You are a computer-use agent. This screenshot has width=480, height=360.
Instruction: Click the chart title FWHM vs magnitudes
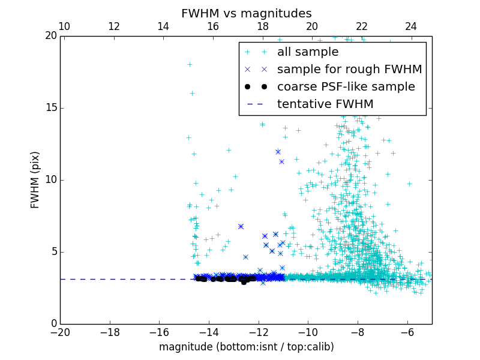[x=246, y=13]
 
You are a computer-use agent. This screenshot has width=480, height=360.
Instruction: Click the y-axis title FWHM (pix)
[x=35, y=180]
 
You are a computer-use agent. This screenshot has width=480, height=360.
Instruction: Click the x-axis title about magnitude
[x=246, y=347]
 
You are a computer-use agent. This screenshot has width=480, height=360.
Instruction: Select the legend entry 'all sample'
[x=307, y=52]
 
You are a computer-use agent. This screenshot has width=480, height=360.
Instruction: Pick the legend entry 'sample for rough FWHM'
[x=349, y=70]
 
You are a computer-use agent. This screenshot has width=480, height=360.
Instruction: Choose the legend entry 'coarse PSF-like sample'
[x=346, y=87]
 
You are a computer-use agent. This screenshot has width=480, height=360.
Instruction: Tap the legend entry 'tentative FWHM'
[x=325, y=104]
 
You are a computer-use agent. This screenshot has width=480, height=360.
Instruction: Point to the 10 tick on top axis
[x=64, y=26]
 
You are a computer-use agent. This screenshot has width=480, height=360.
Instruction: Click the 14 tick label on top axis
[x=163, y=26]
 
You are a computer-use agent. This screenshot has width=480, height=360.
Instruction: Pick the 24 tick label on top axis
[x=411, y=26]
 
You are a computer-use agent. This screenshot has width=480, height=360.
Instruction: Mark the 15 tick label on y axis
[x=49, y=108]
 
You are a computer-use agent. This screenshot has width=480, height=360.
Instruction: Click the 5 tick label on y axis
[x=52, y=252]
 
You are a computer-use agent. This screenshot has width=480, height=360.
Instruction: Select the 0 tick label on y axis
[x=52, y=324]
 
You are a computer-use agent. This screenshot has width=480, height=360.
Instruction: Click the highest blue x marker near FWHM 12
[x=278, y=152]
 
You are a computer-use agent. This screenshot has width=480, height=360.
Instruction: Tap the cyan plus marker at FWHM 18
[x=190, y=64]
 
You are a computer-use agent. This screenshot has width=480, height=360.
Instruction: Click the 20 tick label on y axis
[x=49, y=36]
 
